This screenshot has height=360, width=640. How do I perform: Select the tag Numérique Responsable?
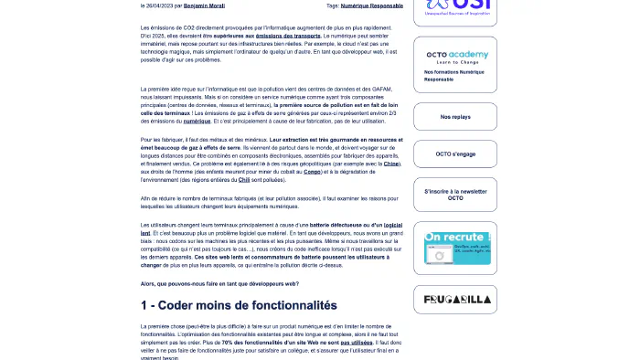pyautogui.click(x=372, y=5)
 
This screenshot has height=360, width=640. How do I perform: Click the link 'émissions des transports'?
pyautogui.click(x=283, y=35)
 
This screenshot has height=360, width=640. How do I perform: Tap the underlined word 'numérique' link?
pyautogui.click(x=197, y=121)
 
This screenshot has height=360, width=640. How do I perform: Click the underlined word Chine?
pyautogui.click(x=391, y=164)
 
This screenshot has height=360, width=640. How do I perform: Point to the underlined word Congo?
pyautogui.click(x=312, y=171)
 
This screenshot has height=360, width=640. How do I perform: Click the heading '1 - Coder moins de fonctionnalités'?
pyautogui.click(x=239, y=305)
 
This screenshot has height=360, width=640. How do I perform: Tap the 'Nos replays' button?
pyautogui.click(x=454, y=117)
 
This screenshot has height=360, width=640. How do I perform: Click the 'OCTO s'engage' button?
pyautogui.click(x=454, y=154)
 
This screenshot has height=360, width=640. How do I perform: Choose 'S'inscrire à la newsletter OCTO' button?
pyautogui.click(x=454, y=195)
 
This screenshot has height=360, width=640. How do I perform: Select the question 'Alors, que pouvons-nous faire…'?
pyautogui.click(x=219, y=283)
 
